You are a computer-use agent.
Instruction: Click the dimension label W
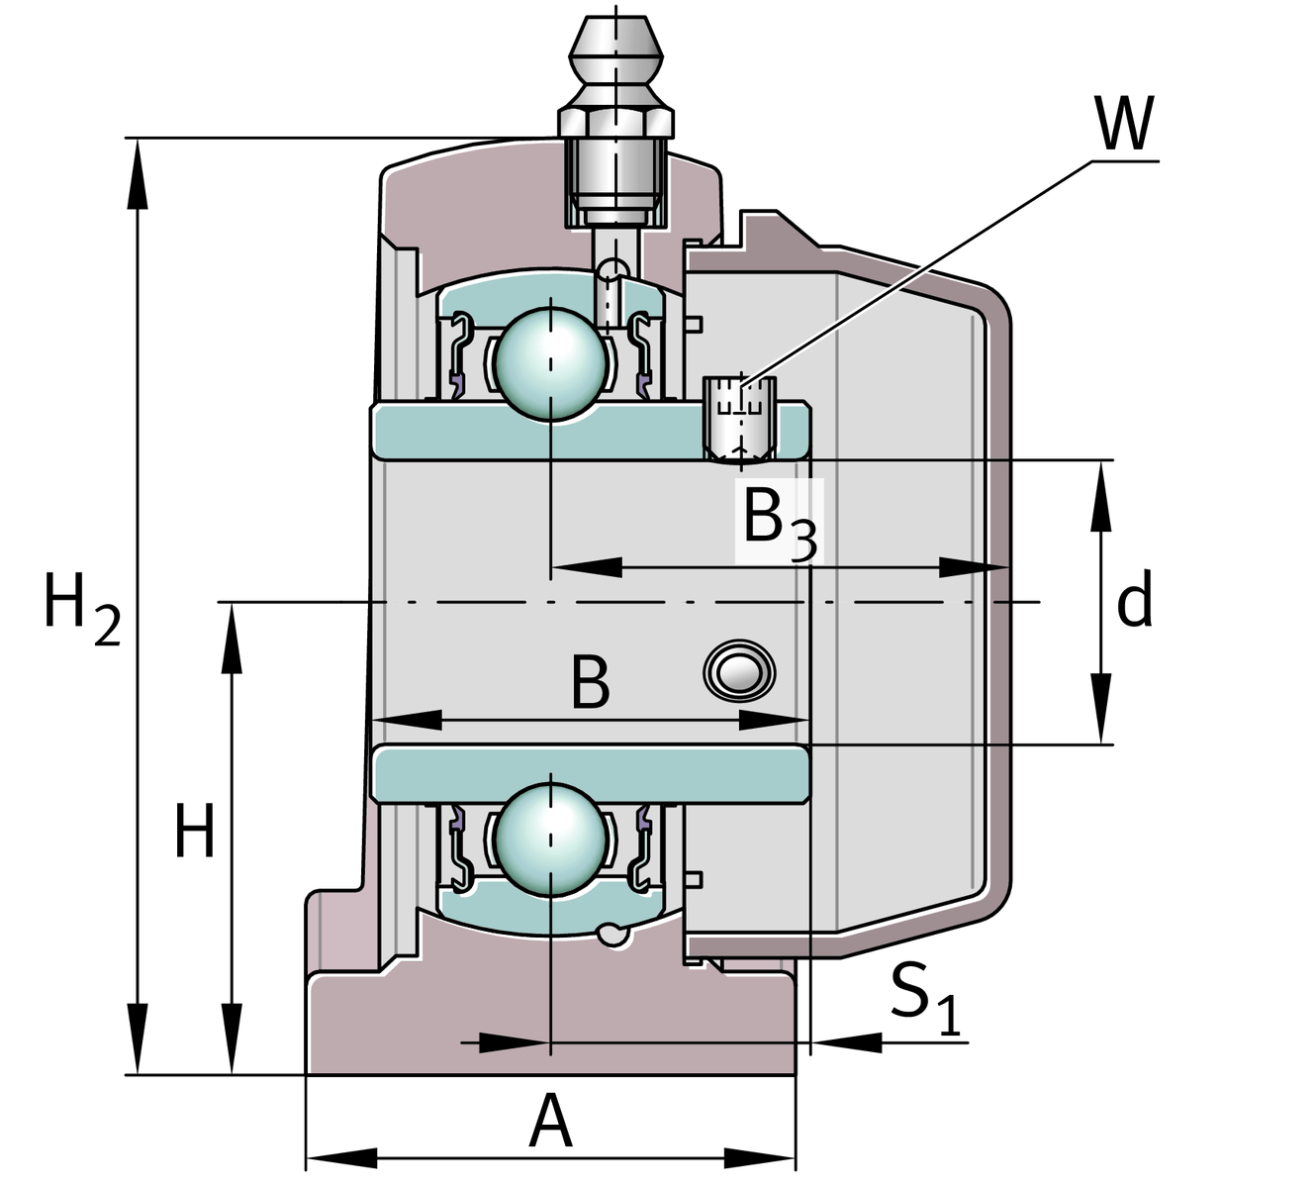click(x=1125, y=124)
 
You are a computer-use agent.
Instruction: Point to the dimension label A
click(x=551, y=1123)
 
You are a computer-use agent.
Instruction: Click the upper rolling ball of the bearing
click(x=551, y=363)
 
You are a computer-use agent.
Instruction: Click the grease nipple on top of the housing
click(x=615, y=119)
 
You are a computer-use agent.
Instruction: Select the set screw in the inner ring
click(x=739, y=420)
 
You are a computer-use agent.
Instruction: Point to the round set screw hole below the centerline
click(x=738, y=672)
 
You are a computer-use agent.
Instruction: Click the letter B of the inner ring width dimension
click(x=590, y=683)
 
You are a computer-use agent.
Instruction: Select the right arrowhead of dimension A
click(x=762, y=1157)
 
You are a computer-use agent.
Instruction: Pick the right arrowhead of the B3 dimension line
click(x=975, y=567)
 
